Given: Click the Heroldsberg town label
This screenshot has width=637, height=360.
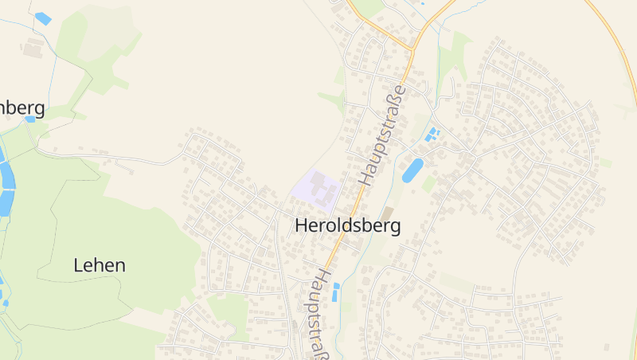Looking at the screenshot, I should [347, 225].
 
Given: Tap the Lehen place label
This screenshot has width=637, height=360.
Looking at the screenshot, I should [100, 265].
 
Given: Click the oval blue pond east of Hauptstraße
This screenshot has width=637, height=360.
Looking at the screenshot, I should [412, 170].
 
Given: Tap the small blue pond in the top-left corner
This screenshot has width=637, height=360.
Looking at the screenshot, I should [43, 18].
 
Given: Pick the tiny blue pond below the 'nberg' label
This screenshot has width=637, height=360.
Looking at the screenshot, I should [30, 119].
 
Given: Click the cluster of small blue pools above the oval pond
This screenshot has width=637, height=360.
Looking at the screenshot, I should [432, 134].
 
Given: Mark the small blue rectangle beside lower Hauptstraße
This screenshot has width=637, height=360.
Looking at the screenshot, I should [335, 292].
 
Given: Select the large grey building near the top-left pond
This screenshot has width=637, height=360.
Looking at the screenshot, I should [33, 49].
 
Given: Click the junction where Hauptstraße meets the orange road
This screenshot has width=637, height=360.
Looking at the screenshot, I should [412, 50].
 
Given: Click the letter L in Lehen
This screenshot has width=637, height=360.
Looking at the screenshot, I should [78, 265].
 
